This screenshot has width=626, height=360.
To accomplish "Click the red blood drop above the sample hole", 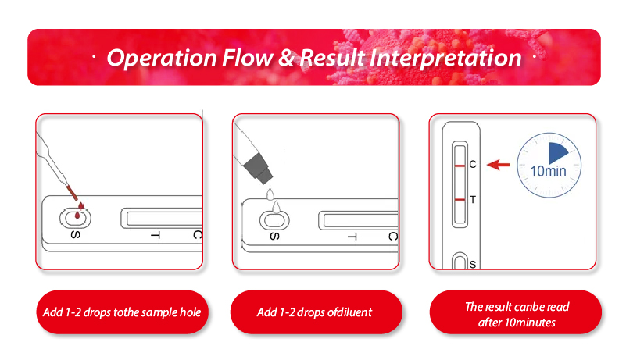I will point(80,207).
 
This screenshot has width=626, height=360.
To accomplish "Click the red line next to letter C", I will point(460,166).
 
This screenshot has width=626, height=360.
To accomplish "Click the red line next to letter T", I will point(460,201).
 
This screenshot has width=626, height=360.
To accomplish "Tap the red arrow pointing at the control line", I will point(498,165).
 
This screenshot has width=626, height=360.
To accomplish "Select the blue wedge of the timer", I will point(560,153).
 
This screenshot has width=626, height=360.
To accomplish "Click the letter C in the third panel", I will point(472,165).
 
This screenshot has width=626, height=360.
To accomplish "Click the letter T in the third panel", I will point(472,200).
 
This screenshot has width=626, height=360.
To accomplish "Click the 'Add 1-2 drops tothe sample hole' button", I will point(121,312).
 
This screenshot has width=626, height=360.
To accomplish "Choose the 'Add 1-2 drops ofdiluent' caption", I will point(315,312).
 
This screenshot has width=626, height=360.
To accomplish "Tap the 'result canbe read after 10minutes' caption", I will point(516,314).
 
